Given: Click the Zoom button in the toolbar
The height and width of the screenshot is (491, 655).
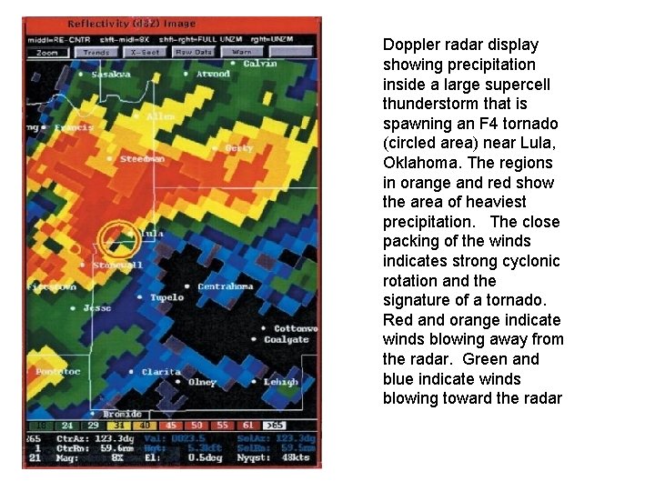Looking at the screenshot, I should click(47, 53).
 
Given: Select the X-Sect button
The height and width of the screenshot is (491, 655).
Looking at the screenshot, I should click(146, 53).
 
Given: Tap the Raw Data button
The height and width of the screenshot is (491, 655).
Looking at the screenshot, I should click(194, 53).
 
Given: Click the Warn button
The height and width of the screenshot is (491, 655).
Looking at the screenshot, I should click(242, 53).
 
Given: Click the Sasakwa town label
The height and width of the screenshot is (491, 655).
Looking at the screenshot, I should click(111, 75).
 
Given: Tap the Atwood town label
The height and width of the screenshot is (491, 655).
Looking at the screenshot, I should click(213, 74).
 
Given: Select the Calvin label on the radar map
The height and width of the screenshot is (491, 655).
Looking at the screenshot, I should click(260, 64).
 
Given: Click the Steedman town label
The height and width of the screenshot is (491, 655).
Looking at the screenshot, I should click(142, 159).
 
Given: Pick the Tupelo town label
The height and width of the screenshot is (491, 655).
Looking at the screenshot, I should click(166, 297).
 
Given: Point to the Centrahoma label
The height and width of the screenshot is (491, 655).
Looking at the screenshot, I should click(226, 286).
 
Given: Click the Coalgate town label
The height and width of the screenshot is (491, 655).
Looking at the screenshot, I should click(287, 340).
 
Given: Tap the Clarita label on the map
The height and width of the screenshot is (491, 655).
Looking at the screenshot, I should click(161, 372).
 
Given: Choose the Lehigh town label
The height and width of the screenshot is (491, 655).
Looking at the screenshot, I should click(281, 382).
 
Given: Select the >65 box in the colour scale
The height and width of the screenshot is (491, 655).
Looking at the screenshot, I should click(274, 425).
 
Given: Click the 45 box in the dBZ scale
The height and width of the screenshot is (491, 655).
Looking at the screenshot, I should click(172, 425).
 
